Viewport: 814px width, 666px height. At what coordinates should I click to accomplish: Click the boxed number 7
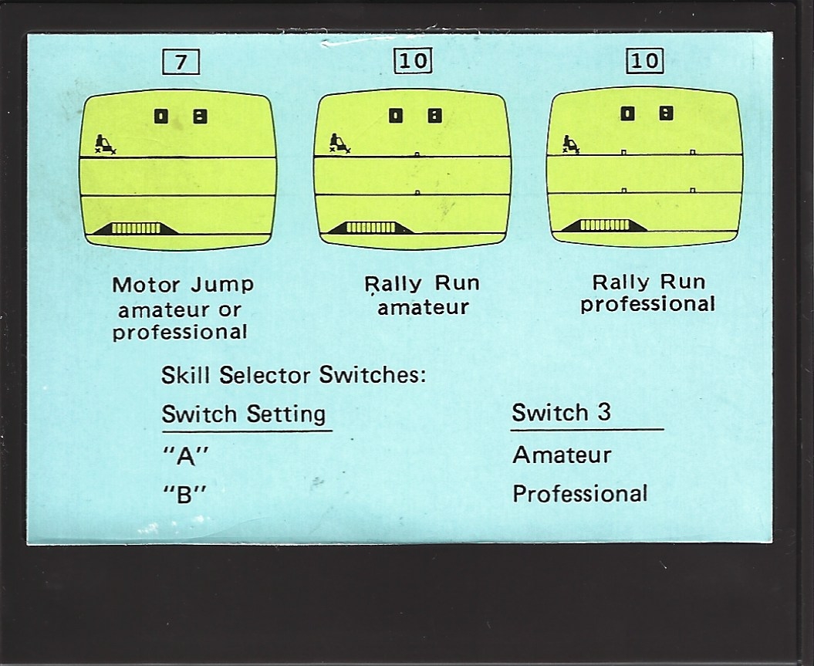181,63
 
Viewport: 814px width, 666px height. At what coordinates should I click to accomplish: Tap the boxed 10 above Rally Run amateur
414,61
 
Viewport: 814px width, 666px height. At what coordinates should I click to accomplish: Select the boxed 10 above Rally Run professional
645,60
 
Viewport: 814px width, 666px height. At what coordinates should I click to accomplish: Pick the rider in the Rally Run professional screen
571,144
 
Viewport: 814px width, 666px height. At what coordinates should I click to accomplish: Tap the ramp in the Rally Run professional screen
605,225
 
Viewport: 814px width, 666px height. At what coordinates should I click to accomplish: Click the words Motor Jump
183,285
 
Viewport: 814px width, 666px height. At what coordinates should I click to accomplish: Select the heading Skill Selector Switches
293,375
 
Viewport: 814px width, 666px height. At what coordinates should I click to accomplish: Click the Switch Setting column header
244,414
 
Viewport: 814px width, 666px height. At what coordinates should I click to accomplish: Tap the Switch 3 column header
562,413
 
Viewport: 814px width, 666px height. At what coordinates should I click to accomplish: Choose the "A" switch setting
185,457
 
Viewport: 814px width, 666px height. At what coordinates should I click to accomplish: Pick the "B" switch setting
184,495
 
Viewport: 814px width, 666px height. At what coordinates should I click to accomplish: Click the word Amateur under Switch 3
562,455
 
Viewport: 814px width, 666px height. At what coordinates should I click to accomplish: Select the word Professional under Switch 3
580,494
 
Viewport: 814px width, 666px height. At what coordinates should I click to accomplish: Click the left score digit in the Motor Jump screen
161,117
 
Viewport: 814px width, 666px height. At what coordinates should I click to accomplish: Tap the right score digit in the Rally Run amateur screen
434,115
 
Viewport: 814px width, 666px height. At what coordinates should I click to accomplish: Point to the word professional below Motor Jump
180,332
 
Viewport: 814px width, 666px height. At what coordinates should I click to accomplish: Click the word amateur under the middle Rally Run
423,307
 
